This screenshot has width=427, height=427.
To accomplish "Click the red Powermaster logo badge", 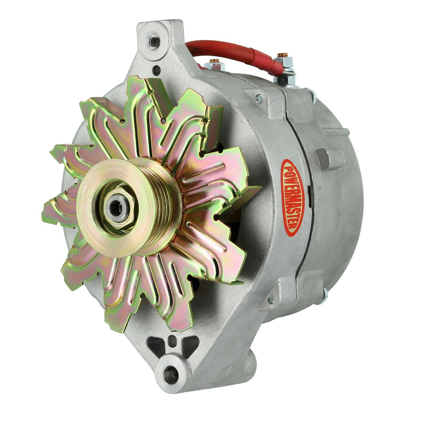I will (292, 197).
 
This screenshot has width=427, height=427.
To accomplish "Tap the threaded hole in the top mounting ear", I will (154, 41).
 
